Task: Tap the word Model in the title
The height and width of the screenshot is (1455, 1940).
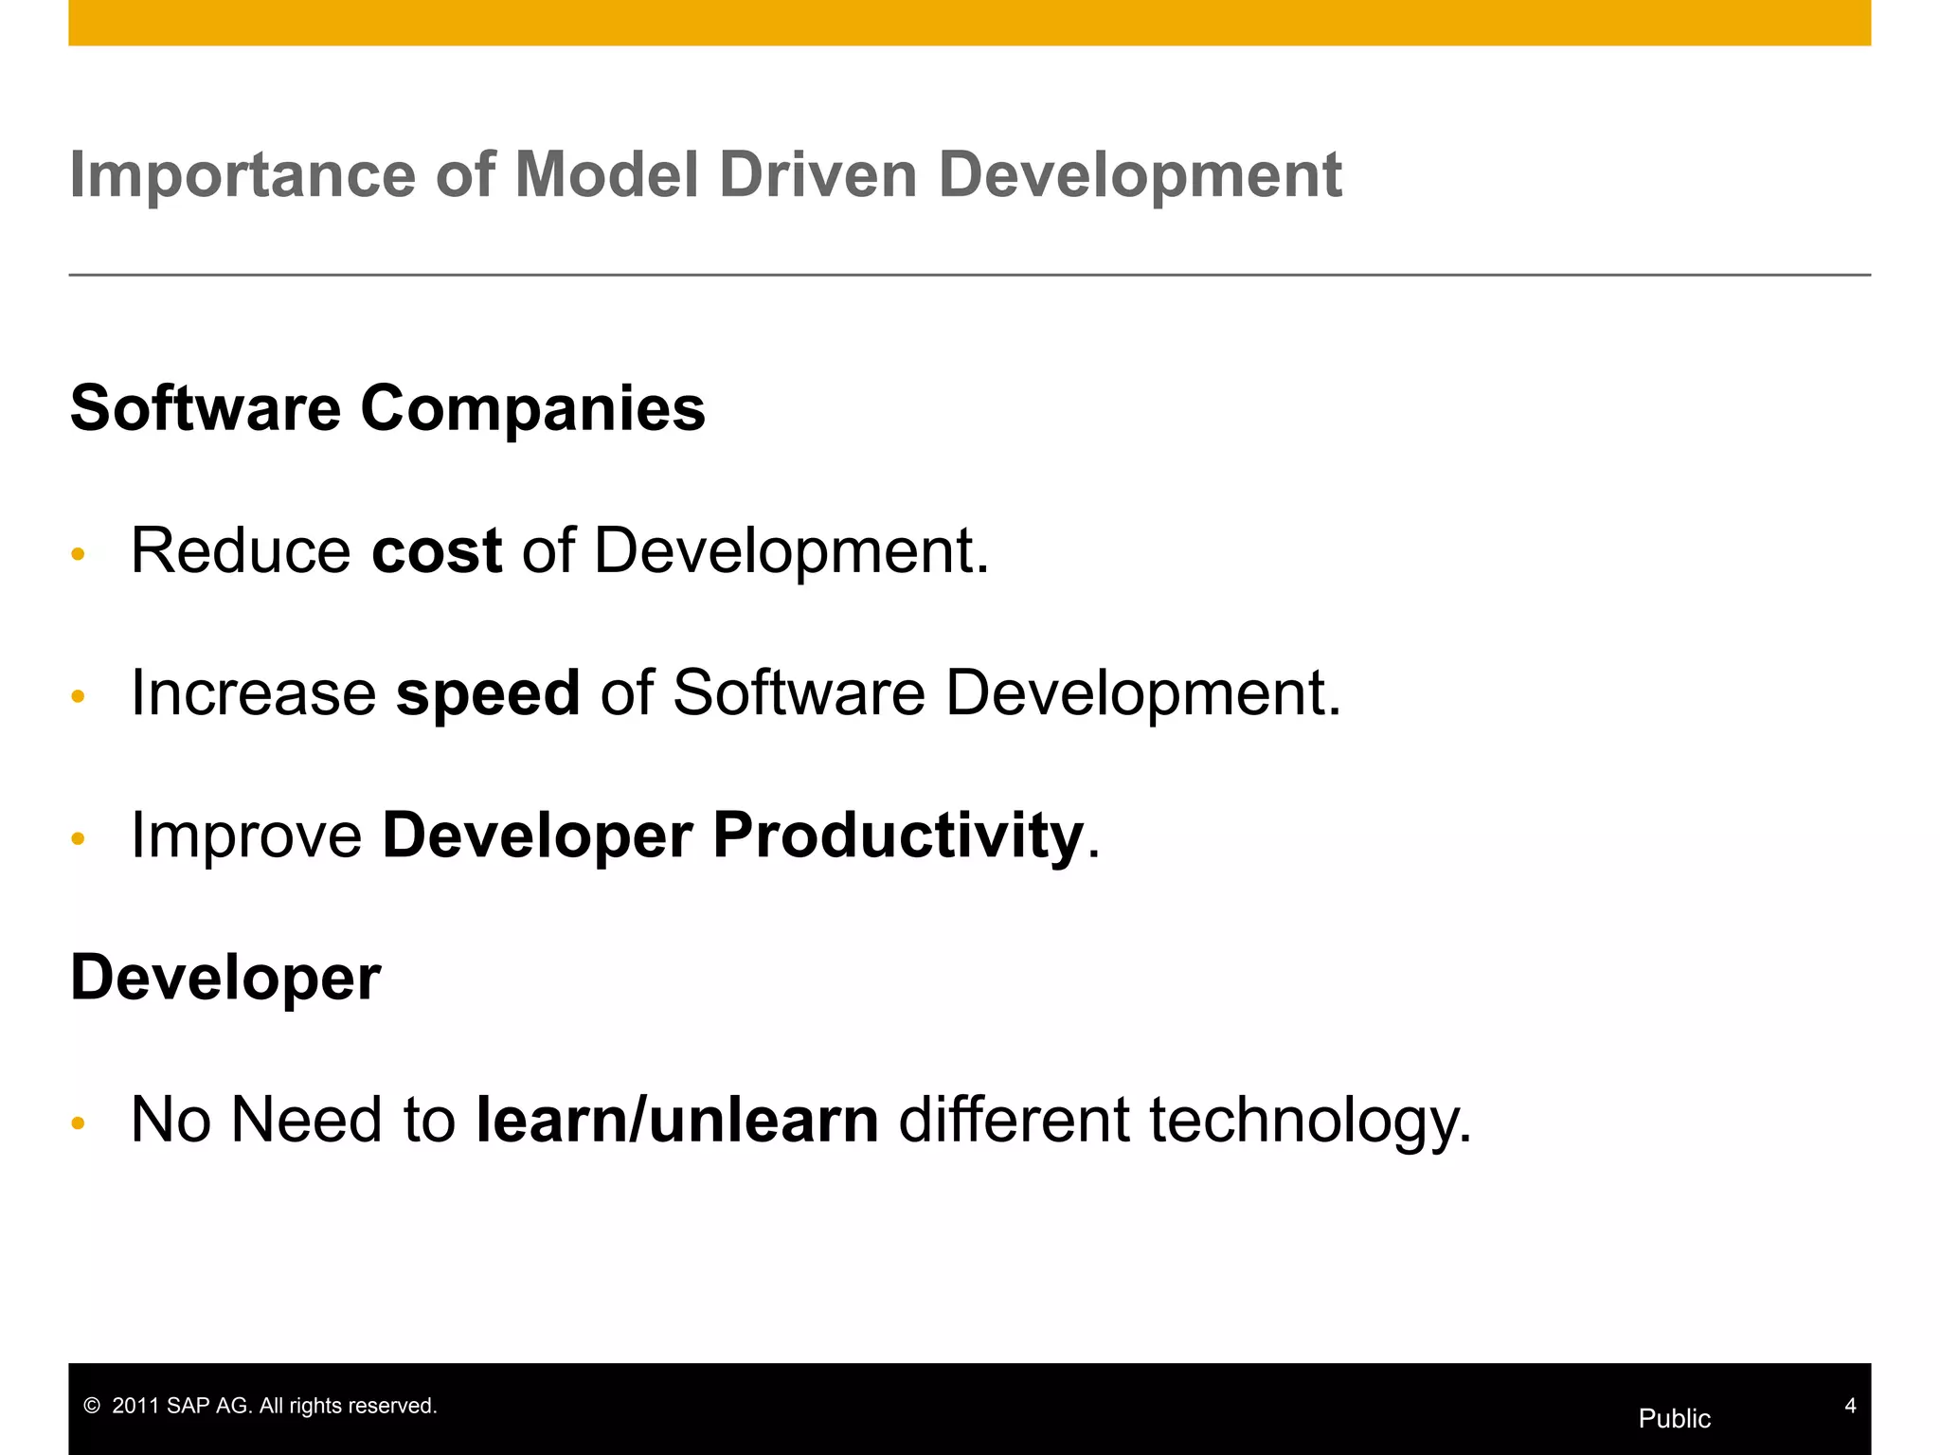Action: click(606, 176)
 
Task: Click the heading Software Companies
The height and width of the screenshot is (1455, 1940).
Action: click(387, 408)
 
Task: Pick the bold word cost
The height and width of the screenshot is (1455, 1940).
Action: click(437, 550)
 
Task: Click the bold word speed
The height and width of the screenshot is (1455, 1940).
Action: click(488, 692)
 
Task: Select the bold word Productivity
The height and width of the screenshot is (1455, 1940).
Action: click(897, 836)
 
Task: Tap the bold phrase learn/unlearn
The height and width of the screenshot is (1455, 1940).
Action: click(677, 1120)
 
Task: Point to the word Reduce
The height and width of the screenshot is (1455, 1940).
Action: click(241, 550)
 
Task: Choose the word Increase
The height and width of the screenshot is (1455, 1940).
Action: click(253, 692)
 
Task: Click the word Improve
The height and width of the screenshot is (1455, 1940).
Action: click(246, 836)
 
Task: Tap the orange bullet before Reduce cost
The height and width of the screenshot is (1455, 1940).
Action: click(79, 554)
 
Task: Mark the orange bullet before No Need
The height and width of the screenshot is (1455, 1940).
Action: click(79, 1123)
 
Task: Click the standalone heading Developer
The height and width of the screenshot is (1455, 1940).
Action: click(225, 979)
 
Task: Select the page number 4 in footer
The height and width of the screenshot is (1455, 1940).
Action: click(1849, 1406)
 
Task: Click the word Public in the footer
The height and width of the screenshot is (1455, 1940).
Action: click(1674, 1418)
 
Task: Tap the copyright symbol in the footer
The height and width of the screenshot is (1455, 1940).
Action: click(92, 1407)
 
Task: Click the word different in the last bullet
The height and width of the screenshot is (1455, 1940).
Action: click(1014, 1120)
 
